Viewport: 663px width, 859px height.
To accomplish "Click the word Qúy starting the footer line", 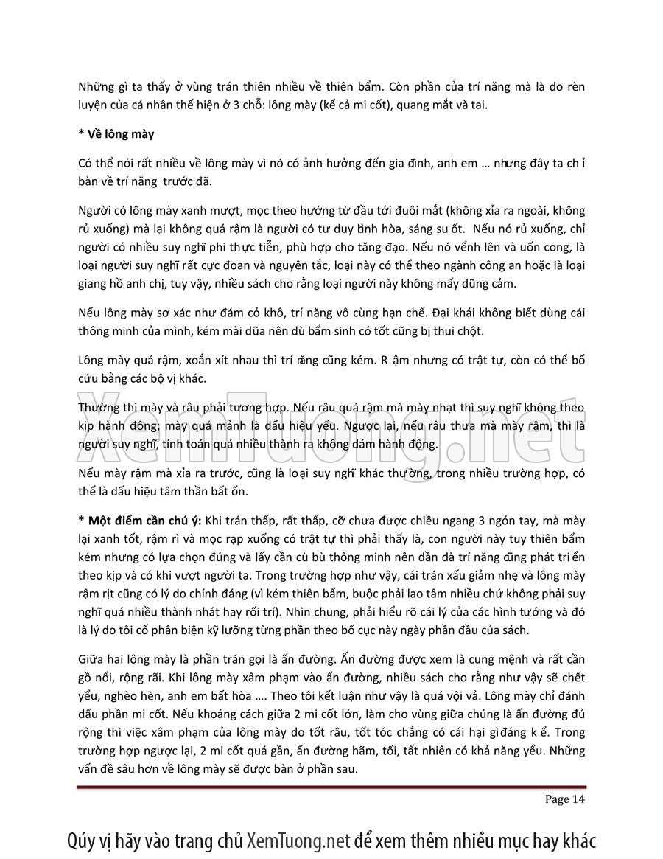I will [x=83, y=840].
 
